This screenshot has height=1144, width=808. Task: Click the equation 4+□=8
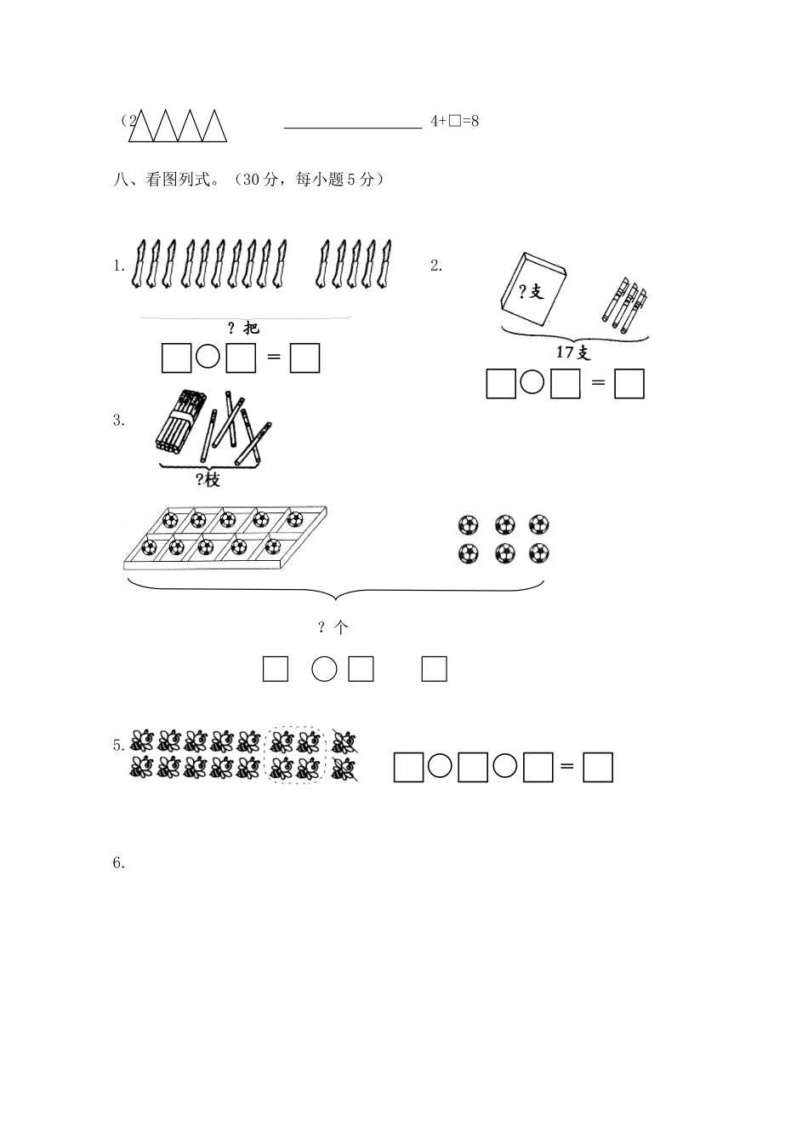click(x=455, y=121)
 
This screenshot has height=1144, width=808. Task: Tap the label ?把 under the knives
click(x=243, y=329)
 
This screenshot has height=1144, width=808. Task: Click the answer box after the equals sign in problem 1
click(x=304, y=357)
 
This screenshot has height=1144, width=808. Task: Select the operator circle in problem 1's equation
click(x=208, y=357)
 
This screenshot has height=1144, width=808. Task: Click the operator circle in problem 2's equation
click(x=532, y=383)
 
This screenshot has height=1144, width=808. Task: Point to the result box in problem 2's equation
click(x=629, y=384)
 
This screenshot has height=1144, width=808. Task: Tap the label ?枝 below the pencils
click(x=208, y=480)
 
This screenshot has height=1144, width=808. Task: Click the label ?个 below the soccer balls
click(x=333, y=627)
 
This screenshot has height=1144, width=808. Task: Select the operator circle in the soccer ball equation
click(x=324, y=670)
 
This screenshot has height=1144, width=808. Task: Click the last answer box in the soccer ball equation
click(x=434, y=669)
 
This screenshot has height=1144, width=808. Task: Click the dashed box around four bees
click(x=296, y=755)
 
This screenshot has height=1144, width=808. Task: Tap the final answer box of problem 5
click(x=599, y=768)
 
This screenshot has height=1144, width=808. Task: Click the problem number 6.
click(x=119, y=863)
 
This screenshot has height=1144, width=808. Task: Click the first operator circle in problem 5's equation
click(x=439, y=767)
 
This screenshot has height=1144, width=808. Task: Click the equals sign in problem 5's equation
click(x=567, y=768)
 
